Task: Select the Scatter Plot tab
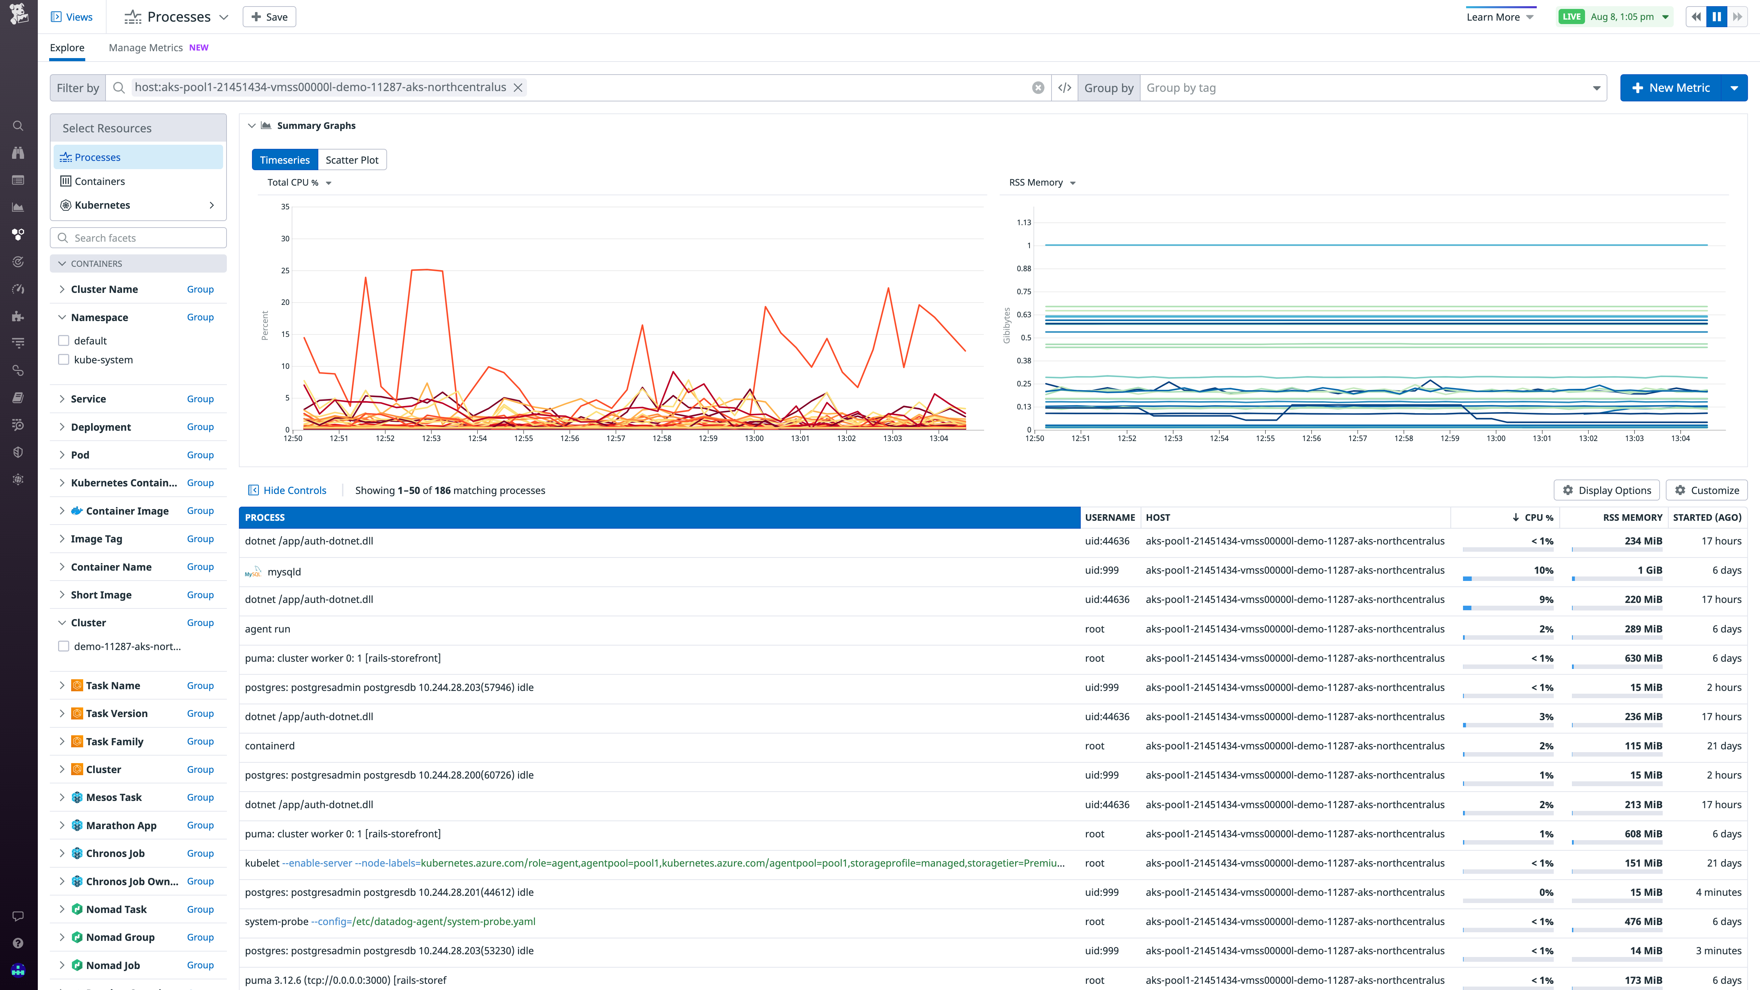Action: (352, 160)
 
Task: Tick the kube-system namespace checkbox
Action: (64, 360)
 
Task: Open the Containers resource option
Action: (100, 181)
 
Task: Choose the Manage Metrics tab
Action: (145, 48)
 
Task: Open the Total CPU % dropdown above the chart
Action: (299, 183)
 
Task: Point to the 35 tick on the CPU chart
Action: (285, 206)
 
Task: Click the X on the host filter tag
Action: (518, 87)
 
